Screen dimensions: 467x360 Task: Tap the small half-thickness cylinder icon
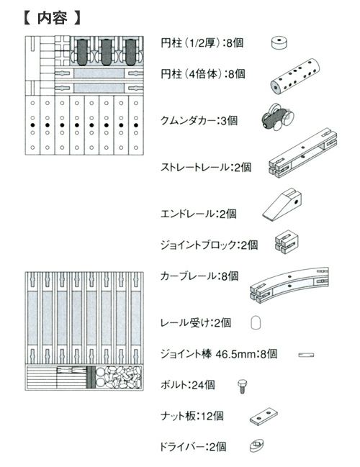coord(278,43)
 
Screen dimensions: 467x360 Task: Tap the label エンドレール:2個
coord(197,214)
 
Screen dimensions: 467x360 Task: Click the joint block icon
coord(285,244)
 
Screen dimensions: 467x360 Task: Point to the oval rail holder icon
coord(256,322)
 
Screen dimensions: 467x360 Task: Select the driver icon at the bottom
coord(257,446)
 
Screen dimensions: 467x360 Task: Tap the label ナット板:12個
coord(192,415)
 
